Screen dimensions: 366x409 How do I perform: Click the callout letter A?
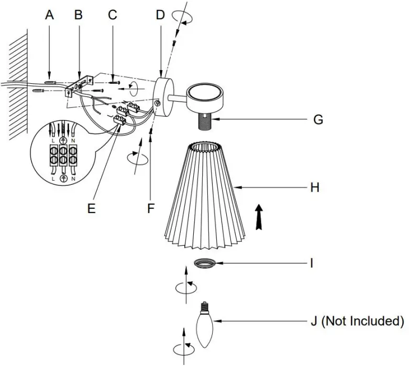click(x=50, y=15)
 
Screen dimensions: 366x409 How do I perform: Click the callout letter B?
click(x=78, y=15)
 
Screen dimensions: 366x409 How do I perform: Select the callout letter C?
click(x=113, y=15)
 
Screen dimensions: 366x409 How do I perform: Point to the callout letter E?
click(x=92, y=208)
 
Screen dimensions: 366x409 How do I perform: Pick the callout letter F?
click(x=151, y=208)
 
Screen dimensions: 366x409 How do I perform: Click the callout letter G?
click(x=317, y=120)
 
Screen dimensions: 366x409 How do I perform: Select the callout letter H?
click(x=314, y=187)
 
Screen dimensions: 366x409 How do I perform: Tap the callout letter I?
click(x=312, y=262)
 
